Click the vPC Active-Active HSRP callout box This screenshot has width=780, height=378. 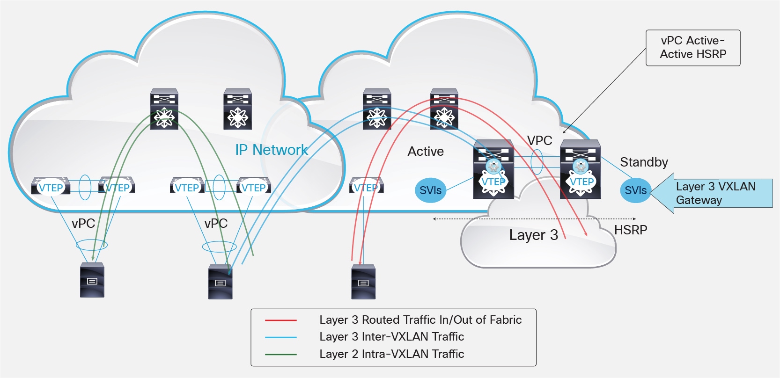pyautogui.click(x=692, y=48)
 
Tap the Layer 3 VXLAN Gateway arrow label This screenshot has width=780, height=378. pyautogui.click(x=715, y=193)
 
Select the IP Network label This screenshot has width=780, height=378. pyautogui.click(x=272, y=150)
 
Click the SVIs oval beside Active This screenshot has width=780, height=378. pyautogui.click(x=430, y=190)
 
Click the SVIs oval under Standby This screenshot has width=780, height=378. pyautogui.click(x=635, y=190)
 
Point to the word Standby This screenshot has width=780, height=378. pyautogui.click(x=644, y=162)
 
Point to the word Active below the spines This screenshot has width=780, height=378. pyautogui.click(x=426, y=152)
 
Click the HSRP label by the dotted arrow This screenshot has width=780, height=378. pyautogui.click(x=631, y=230)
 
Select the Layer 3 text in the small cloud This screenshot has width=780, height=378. pyautogui.click(x=533, y=235)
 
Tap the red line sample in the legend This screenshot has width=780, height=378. pyautogui.click(x=280, y=320)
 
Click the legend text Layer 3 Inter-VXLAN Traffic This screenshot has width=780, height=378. pyautogui.click(x=391, y=337)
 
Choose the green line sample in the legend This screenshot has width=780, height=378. pyautogui.click(x=280, y=355)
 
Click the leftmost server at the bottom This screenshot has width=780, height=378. pyautogui.click(x=92, y=280)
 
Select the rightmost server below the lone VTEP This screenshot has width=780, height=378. pyautogui.click(x=363, y=282)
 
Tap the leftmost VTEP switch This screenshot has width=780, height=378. pyautogui.click(x=51, y=186)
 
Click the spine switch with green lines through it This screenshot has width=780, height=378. pyautogui.click(x=164, y=109)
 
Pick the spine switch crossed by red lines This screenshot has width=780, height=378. pyautogui.click(x=444, y=109)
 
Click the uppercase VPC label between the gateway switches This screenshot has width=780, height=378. pyautogui.click(x=539, y=140)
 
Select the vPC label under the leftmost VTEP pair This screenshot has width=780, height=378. pyautogui.click(x=83, y=224)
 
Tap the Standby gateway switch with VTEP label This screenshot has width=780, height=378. pyautogui.click(x=581, y=169)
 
